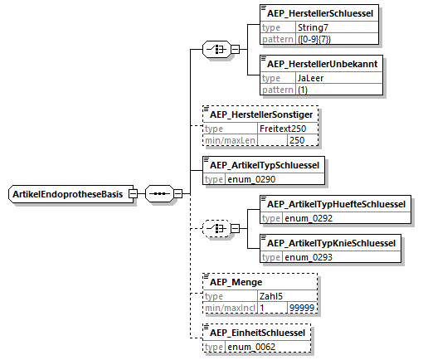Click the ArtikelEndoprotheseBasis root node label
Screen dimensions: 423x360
pos(68,194)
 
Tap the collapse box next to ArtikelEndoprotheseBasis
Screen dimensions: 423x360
pos(133,193)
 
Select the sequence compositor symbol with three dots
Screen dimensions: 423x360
pos(159,193)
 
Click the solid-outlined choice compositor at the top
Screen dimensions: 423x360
pos(216,50)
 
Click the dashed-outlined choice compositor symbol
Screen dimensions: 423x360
pos(216,229)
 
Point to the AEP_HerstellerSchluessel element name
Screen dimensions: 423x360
pos(320,13)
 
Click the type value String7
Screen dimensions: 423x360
pos(313,27)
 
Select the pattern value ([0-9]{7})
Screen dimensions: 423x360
pos(314,39)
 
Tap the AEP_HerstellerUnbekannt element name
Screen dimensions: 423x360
pos(322,64)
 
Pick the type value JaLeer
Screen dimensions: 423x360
pos(310,78)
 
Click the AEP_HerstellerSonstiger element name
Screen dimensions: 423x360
pos(261,114)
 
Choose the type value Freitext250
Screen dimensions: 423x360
pos(283,129)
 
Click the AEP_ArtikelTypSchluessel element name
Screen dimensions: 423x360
pos(265,165)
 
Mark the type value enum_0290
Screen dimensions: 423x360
pos(251,179)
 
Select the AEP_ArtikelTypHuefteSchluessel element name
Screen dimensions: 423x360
pos(336,204)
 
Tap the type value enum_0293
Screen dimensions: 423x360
pos(309,257)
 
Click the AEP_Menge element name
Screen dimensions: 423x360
pos(236,282)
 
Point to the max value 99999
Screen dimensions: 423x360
pos(302,308)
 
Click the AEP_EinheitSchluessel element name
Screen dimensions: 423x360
pos(257,333)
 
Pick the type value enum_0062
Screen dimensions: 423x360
pos(251,347)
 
